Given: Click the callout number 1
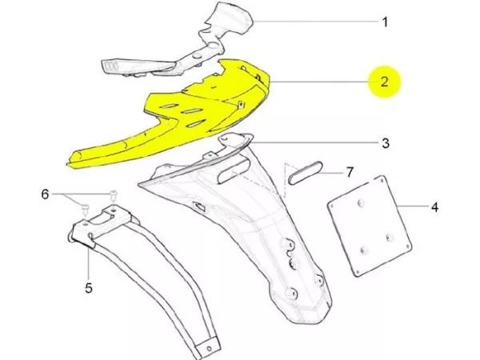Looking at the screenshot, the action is coord(385,22).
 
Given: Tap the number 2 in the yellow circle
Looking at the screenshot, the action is coord(385,82).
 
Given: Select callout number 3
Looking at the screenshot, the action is coord(385,144).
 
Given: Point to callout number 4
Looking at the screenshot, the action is coord(434,207).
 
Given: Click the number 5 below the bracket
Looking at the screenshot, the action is coord(88,287).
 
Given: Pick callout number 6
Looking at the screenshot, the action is coord(46,194).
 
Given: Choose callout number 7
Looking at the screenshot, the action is coord(349,172).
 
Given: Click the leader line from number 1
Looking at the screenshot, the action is coord(312,22).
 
